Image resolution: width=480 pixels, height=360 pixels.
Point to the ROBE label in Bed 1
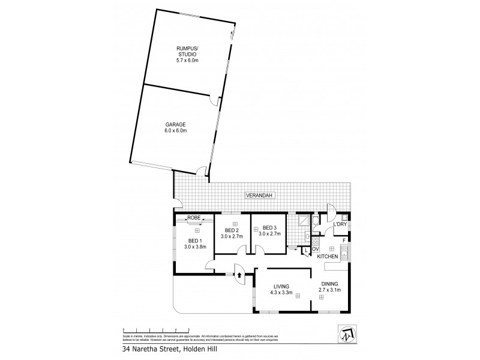click(x=194, y=217)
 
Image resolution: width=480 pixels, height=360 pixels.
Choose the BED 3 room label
click(x=269, y=228)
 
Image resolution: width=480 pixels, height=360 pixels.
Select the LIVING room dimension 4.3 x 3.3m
click(x=281, y=293)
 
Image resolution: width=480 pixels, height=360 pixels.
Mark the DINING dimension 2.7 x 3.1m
click(x=329, y=290)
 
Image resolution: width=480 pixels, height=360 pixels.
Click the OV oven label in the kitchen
click(x=315, y=248)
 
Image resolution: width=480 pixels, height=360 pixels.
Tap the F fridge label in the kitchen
click(x=344, y=241)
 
